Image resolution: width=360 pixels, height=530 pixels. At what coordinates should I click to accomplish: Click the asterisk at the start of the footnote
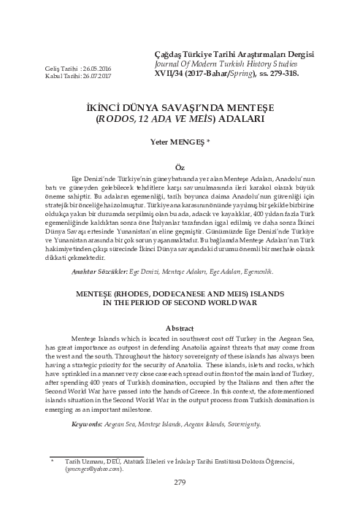pos(52,462)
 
